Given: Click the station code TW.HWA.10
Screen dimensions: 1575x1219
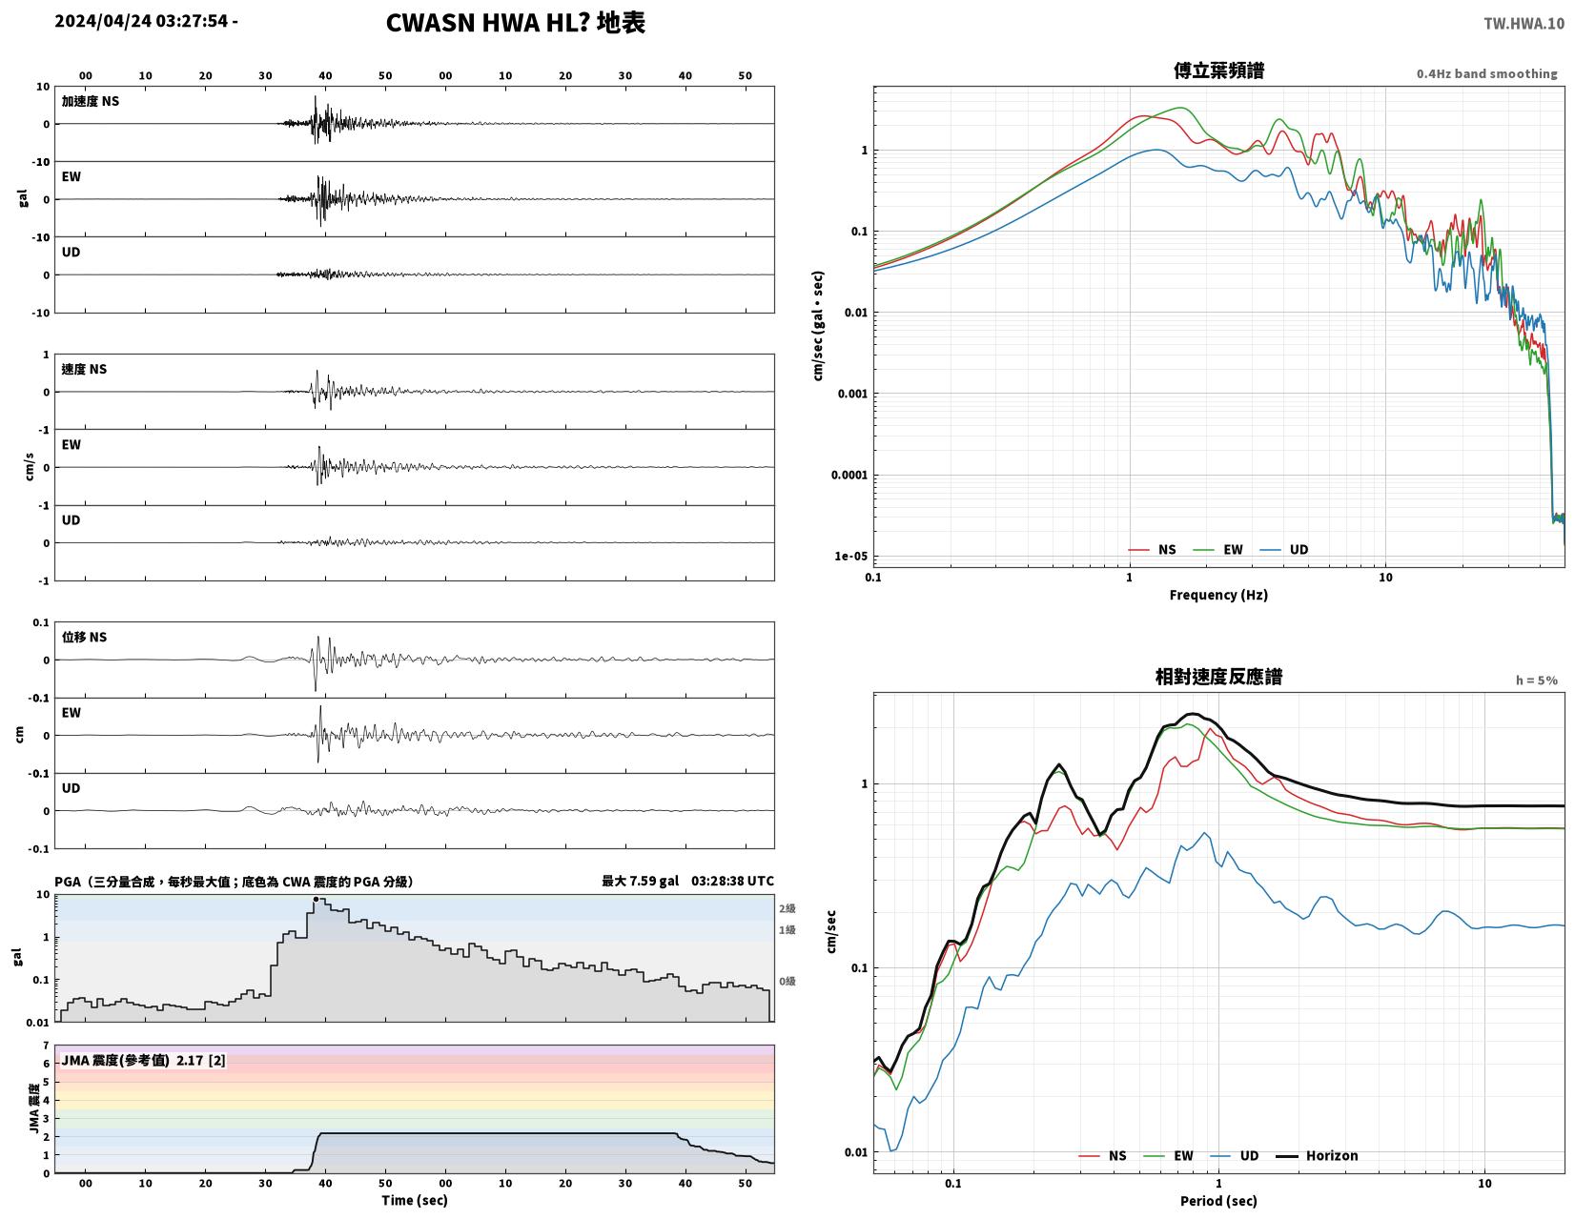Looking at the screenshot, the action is tap(1524, 23).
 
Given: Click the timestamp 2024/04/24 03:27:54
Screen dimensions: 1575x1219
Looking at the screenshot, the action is tap(141, 21).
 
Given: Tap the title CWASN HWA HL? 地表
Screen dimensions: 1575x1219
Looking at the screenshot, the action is tap(515, 23).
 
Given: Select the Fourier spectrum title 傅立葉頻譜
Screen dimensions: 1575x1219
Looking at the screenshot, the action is tap(1217, 71).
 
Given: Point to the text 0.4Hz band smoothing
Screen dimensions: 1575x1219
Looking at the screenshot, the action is tap(1485, 74).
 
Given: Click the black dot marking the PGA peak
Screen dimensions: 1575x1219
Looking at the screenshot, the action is tap(316, 899).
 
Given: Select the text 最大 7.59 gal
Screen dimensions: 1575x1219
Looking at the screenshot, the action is tap(640, 881).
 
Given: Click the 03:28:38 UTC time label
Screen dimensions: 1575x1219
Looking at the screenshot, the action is tap(732, 881).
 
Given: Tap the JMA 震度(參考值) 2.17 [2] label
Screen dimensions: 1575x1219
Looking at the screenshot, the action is tap(143, 1061).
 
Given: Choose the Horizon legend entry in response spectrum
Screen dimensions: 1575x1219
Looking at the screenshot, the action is tap(1316, 1156).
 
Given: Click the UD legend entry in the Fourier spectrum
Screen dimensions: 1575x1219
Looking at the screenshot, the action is tap(1283, 550).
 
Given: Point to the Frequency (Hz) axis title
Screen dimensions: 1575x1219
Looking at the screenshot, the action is tap(1217, 595).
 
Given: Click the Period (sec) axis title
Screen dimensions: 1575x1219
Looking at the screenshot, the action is tap(1217, 1201).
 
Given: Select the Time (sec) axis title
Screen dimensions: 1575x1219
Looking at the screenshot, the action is tap(415, 1200).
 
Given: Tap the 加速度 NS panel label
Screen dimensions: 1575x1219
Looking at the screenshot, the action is tap(90, 101).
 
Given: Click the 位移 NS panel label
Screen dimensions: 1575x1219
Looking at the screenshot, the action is tap(84, 637).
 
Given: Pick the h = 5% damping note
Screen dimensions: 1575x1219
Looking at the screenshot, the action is tap(1536, 681).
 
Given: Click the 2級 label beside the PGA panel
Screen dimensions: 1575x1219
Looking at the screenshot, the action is tap(787, 908).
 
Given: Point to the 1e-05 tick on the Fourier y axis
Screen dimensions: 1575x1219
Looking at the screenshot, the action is tap(850, 557).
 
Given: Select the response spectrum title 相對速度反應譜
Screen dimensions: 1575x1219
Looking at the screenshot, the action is tap(1217, 677).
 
